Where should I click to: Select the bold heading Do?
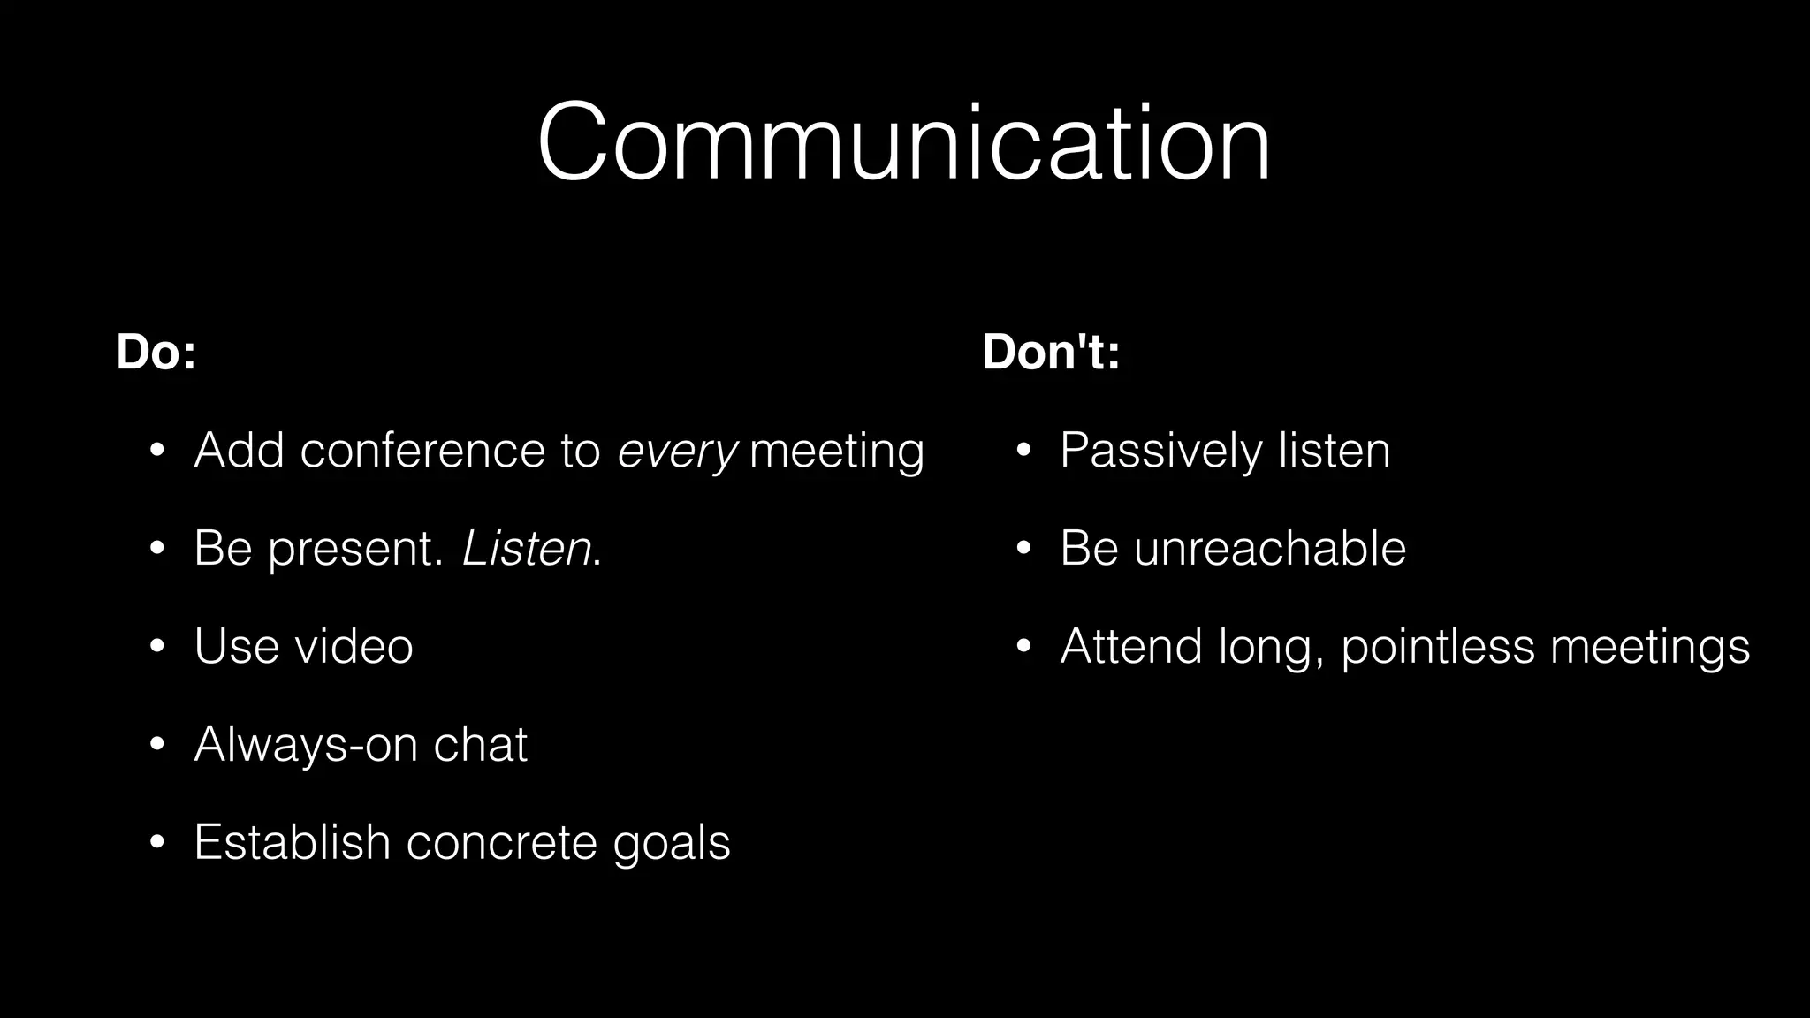tap(156, 352)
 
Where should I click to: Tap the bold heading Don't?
tap(1051, 352)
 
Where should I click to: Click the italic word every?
tap(677, 452)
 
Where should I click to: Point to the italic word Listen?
tap(527, 549)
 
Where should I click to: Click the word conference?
tap(422, 451)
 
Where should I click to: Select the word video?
tap(354, 646)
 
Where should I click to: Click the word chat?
tap(480, 744)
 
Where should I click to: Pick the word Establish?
tap(292, 841)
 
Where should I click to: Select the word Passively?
tap(1161, 452)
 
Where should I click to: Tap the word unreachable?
tap(1269, 548)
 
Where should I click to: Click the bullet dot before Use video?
tap(157, 647)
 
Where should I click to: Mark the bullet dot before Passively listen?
tap(1023, 452)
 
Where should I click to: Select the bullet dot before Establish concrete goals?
tap(157, 842)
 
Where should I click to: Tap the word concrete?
tap(501, 842)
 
